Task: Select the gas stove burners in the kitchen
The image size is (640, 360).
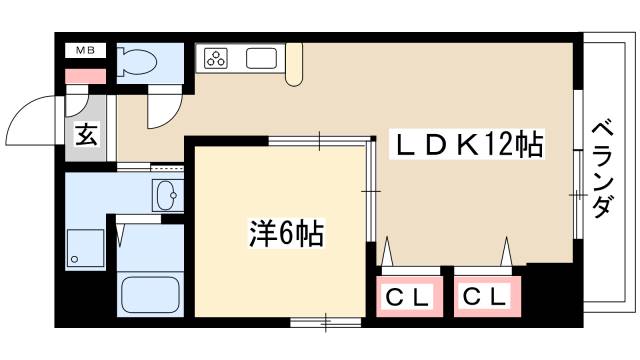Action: coord(216,58)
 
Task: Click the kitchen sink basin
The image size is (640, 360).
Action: coord(260,58)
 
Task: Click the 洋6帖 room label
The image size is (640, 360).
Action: coord(285,236)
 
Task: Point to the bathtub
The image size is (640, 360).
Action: coord(148,293)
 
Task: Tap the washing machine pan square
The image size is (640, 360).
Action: coord(85,248)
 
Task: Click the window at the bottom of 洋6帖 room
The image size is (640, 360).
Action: coord(326,322)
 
